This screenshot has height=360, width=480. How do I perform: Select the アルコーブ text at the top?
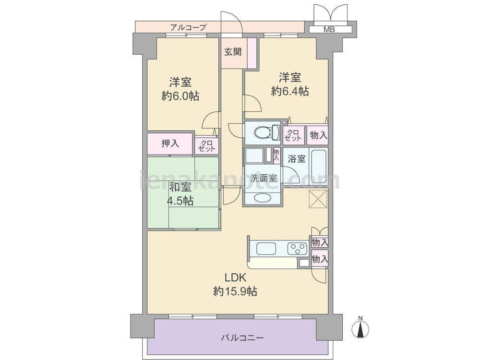188,27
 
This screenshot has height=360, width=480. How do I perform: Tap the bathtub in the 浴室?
319,166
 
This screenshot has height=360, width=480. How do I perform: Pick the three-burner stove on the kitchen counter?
297,249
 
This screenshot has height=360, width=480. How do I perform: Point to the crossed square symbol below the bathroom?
317,199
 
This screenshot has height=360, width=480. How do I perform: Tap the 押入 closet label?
169,143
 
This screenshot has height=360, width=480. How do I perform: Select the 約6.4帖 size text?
290,91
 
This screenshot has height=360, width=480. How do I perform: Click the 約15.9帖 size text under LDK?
235,291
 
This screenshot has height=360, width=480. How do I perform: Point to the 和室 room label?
180,186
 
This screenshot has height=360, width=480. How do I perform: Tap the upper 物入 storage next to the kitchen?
320,242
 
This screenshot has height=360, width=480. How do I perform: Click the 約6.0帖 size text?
180,96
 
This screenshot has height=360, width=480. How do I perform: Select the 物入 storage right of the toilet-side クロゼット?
318,135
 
